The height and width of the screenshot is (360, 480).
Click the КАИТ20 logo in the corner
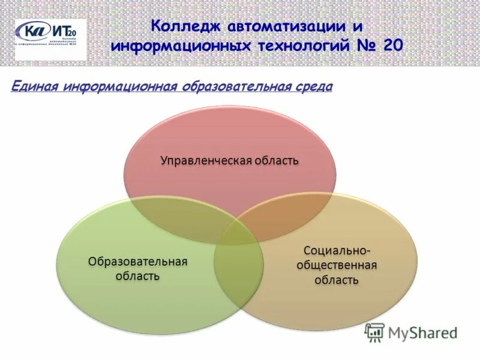(50, 39)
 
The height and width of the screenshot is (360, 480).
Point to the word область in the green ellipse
(138, 276)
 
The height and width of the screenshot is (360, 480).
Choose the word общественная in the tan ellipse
(337, 265)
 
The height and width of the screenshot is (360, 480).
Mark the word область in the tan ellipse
(337, 280)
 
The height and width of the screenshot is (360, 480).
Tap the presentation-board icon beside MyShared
(375, 332)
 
